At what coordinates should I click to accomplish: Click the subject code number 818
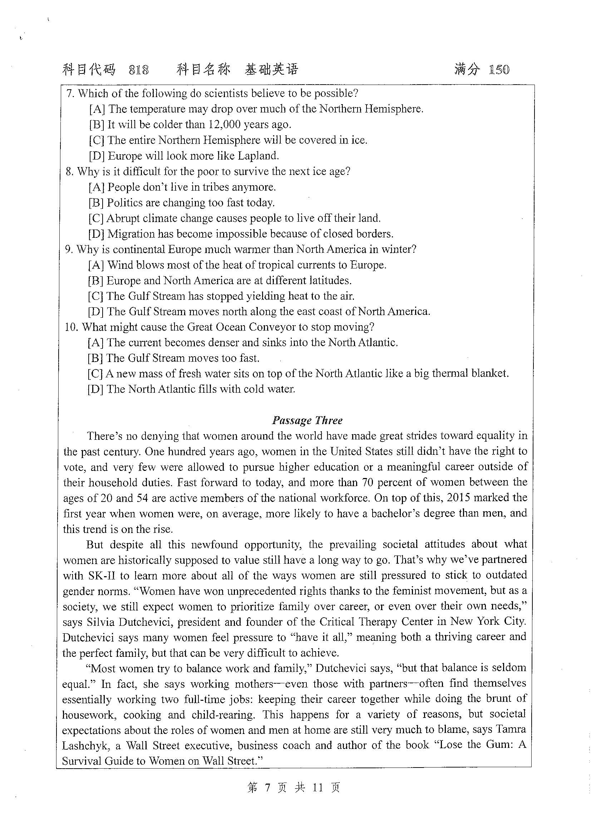pyautogui.click(x=139, y=69)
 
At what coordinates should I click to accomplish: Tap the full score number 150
pyautogui.click(x=499, y=69)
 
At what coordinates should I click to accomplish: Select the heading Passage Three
pyautogui.click(x=307, y=420)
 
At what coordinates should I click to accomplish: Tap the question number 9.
pyautogui.click(x=69, y=250)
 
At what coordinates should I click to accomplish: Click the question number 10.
pyautogui.click(x=72, y=327)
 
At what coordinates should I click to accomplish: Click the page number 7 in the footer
pyautogui.click(x=267, y=788)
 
